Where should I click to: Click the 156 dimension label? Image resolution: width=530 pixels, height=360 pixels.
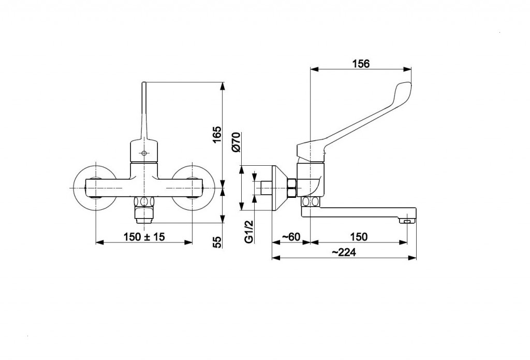coord(361,63)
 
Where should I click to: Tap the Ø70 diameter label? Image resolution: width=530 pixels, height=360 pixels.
coord(236,142)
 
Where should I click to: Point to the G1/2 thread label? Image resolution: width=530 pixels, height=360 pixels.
coord(249,232)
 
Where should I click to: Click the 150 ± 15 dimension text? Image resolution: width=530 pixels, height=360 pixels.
coord(144,237)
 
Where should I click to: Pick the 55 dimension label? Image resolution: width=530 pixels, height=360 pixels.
coord(217,242)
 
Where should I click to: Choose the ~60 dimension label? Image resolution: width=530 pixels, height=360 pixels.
coord(291,237)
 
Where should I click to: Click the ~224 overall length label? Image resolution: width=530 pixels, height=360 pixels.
coord(344,252)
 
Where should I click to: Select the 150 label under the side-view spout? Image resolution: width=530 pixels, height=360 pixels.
coord(359,237)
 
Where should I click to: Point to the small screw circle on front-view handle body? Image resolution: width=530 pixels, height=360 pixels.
coord(144,153)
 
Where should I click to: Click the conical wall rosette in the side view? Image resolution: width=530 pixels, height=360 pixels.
coord(280,188)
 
